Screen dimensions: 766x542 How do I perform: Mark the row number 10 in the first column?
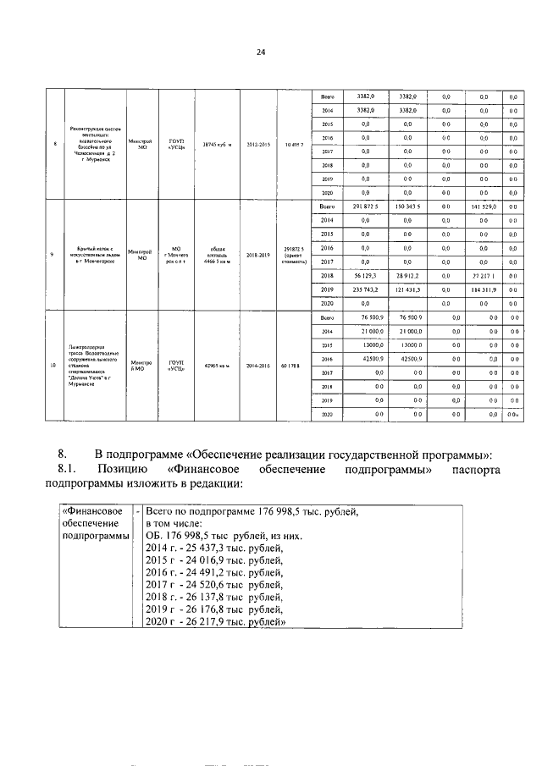click(53, 366)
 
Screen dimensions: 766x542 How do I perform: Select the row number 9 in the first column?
click(53, 253)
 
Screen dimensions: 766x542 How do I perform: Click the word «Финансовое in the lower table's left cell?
click(91, 512)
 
